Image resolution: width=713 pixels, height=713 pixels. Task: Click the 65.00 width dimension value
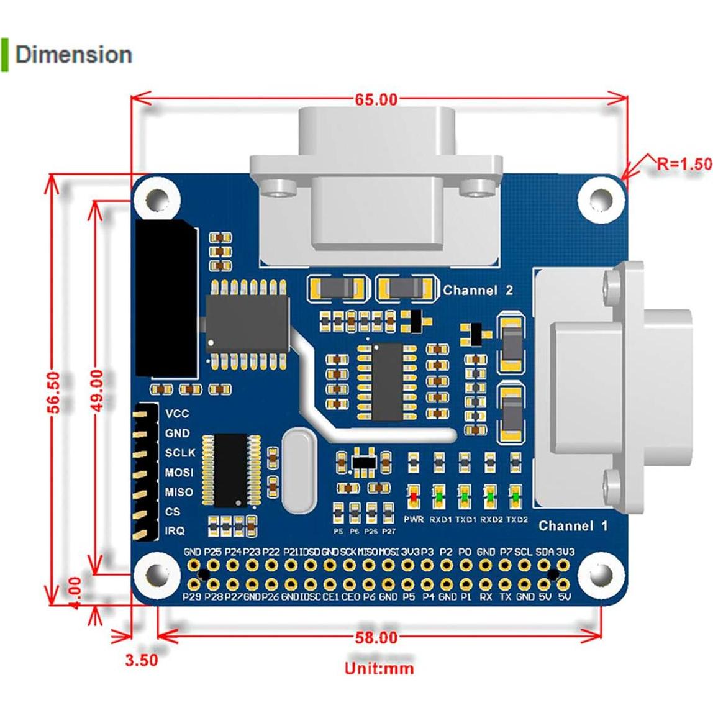coord(376,99)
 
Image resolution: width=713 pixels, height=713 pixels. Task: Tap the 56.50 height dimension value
coord(55,392)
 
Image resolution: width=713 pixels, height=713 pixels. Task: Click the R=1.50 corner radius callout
coord(683,163)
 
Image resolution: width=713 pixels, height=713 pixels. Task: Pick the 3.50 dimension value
coord(141,660)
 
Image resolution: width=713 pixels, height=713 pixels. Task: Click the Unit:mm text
coord(379,668)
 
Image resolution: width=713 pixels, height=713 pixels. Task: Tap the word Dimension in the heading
coord(74,55)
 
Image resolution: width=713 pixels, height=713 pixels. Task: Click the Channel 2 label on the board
coord(478,290)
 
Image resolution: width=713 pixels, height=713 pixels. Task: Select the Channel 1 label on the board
coord(573,526)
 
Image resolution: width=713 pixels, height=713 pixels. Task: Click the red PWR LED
coord(414,497)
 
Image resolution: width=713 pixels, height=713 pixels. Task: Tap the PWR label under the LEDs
coord(414,519)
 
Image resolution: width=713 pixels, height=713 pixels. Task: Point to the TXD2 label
coord(517,519)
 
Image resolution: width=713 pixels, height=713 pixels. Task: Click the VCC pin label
coord(176,414)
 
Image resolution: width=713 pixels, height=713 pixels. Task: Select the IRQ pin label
coord(175,531)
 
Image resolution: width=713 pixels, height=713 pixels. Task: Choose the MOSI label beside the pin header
coord(179,473)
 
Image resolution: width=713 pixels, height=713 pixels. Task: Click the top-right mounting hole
coord(600,198)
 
